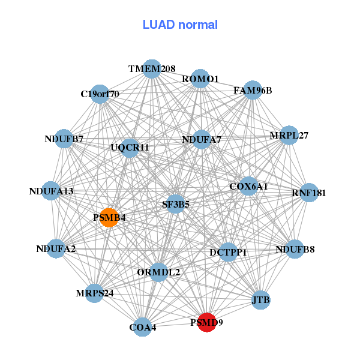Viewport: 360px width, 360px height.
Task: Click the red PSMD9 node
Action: (207, 322)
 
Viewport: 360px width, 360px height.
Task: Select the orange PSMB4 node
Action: (109, 217)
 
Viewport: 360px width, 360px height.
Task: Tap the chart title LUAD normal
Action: (180, 25)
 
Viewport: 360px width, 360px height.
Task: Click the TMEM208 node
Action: (152, 69)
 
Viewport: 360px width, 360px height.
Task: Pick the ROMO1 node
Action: (200, 79)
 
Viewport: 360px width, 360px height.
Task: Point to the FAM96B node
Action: (253, 91)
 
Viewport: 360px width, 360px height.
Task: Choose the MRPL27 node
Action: (289, 136)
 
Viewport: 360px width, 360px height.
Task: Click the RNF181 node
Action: (308, 193)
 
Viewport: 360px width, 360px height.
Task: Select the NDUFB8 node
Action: (295, 248)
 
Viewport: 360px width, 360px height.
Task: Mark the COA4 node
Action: (142, 327)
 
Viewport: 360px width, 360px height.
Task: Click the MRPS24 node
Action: (94, 293)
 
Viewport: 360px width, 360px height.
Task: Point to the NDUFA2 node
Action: (56, 248)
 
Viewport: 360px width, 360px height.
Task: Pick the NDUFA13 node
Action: (51, 191)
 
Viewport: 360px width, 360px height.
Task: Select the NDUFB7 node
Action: (64, 139)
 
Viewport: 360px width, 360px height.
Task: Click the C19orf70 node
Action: (100, 94)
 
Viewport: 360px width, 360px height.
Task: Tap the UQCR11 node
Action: (130, 147)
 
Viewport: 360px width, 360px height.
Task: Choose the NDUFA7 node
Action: (202, 140)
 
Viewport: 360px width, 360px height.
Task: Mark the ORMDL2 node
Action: (158, 272)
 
